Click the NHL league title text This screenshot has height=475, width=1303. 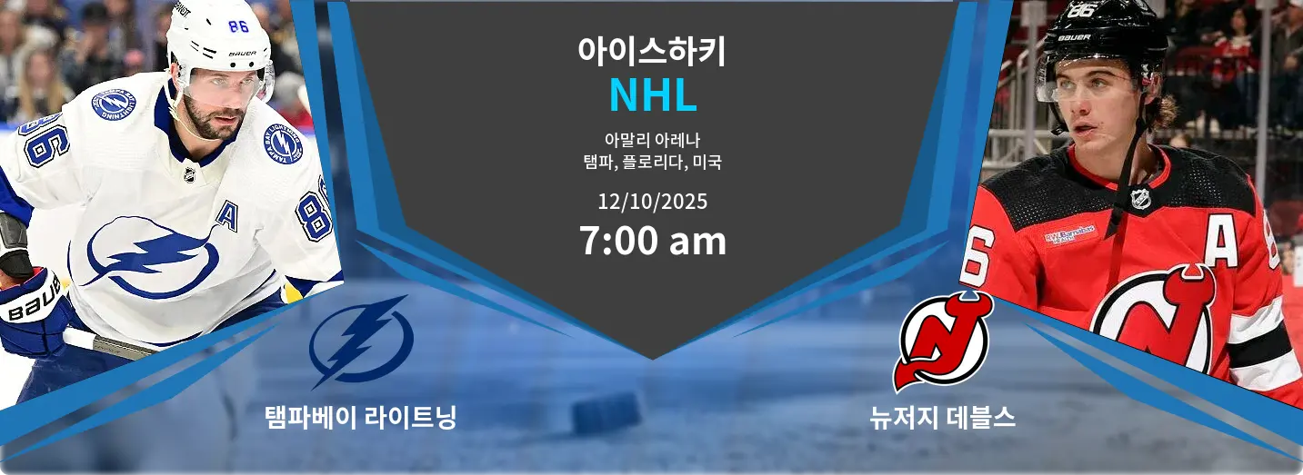653,94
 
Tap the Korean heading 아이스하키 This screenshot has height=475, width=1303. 652,51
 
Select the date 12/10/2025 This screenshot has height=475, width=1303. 653,202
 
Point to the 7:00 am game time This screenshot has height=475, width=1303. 653,241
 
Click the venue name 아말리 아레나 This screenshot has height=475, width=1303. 652,140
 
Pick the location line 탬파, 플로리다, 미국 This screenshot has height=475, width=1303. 652,162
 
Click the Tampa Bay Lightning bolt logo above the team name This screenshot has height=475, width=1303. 361,341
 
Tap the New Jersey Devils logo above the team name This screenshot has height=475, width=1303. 942,342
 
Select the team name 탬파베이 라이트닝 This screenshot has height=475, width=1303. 361,418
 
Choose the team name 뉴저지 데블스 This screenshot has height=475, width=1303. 942,418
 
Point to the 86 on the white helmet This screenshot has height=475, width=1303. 238,26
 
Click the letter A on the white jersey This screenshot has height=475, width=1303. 226,217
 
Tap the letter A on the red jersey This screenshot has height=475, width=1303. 1220,244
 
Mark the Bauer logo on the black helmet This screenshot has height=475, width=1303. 1074,37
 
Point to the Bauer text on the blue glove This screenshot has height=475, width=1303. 34,301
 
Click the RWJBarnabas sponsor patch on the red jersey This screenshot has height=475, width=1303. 1069,234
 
